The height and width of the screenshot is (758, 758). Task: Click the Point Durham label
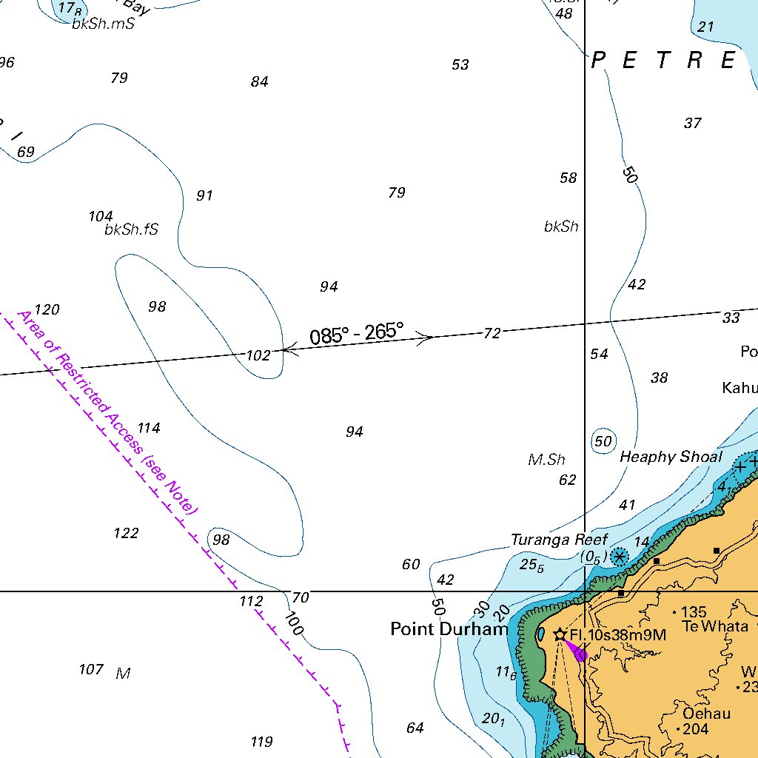click(x=449, y=630)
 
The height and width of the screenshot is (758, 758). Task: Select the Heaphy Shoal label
click(x=671, y=457)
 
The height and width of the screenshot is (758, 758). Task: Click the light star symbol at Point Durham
click(x=560, y=635)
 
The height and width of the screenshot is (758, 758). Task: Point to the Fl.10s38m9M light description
click(x=618, y=635)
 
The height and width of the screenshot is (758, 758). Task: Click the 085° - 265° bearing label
click(x=357, y=334)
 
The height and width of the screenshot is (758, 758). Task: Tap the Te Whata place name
click(x=715, y=627)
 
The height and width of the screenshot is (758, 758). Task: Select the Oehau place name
click(x=707, y=714)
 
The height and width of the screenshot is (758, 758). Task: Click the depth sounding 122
click(x=126, y=533)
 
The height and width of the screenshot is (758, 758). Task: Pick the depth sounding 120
click(x=47, y=310)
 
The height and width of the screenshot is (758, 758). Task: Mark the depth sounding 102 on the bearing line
click(x=258, y=356)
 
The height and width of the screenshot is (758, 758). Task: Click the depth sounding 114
click(x=148, y=428)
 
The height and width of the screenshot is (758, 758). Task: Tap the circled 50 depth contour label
click(x=603, y=442)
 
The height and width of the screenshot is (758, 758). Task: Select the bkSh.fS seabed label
click(x=131, y=230)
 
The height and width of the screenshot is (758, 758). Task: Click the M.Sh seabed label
click(x=546, y=460)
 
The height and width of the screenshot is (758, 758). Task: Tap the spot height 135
click(x=694, y=612)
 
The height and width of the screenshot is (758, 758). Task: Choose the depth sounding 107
click(x=91, y=670)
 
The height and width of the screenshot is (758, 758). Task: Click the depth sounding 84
click(x=259, y=82)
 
